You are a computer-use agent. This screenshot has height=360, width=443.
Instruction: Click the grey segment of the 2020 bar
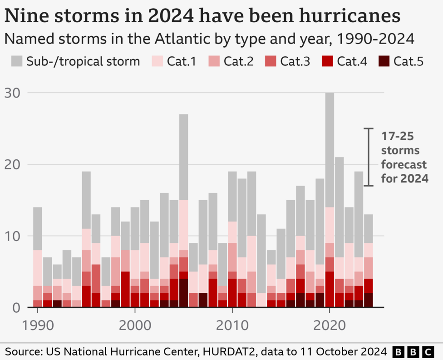click(x=330, y=150)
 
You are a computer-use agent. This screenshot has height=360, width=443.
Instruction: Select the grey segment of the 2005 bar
click(x=183, y=157)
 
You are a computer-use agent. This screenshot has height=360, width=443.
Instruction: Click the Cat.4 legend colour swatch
click(x=327, y=61)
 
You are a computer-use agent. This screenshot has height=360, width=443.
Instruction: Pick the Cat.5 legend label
click(x=408, y=61)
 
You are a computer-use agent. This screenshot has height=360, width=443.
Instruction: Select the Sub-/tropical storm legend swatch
click(x=16, y=61)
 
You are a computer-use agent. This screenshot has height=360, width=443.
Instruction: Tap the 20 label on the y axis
click(x=14, y=164)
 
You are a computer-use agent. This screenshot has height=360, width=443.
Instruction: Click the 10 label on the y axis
click(x=14, y=236)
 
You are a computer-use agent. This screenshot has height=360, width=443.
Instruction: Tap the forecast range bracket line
click(x=369, y=157)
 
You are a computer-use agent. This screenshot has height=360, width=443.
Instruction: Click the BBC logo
click(x=412, y=351)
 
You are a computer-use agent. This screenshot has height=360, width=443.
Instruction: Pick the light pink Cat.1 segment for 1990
click(x=38, y=268)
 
